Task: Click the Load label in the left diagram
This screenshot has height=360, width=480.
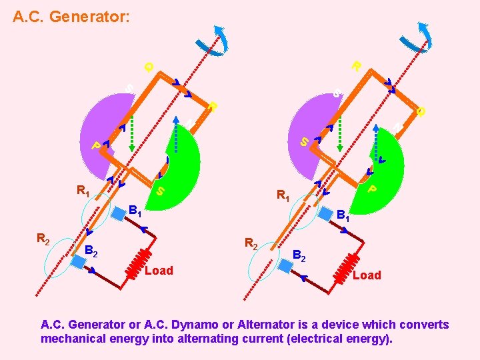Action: pos(159,270)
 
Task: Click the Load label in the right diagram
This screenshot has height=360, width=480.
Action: pos(367,275)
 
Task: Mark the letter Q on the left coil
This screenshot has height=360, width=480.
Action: pos(149,67)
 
